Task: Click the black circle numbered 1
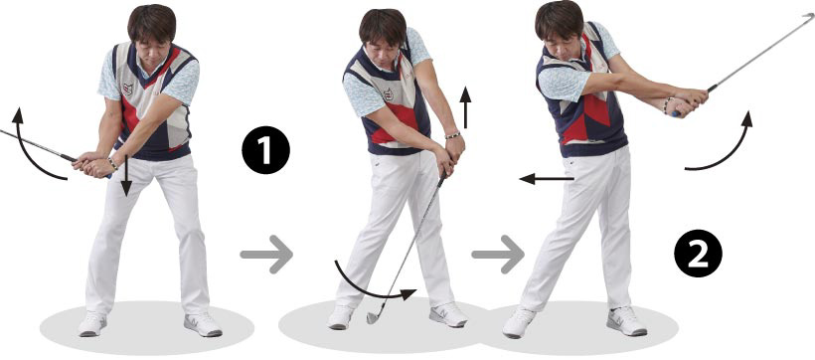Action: click(265, 150)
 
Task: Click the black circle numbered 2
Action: click(698, 254)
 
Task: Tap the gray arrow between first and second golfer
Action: click(266, 255)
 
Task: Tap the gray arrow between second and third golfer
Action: click(498, 255)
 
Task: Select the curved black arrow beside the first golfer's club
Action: click(25, 152)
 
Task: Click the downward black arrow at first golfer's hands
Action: click(126, 176)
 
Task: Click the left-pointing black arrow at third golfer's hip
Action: click(547, 179)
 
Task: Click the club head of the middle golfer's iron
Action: click(374, 315)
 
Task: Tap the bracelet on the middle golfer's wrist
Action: click(452, 135)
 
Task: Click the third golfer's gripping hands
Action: click(689, 102)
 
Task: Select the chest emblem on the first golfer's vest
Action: click(128, 89)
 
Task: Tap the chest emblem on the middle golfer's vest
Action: click(388, 94)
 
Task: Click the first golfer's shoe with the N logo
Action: click(203, 324)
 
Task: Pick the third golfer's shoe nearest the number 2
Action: click(626, 320)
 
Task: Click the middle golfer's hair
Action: click(382, 25)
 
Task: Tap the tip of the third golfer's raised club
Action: click(811, 16)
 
